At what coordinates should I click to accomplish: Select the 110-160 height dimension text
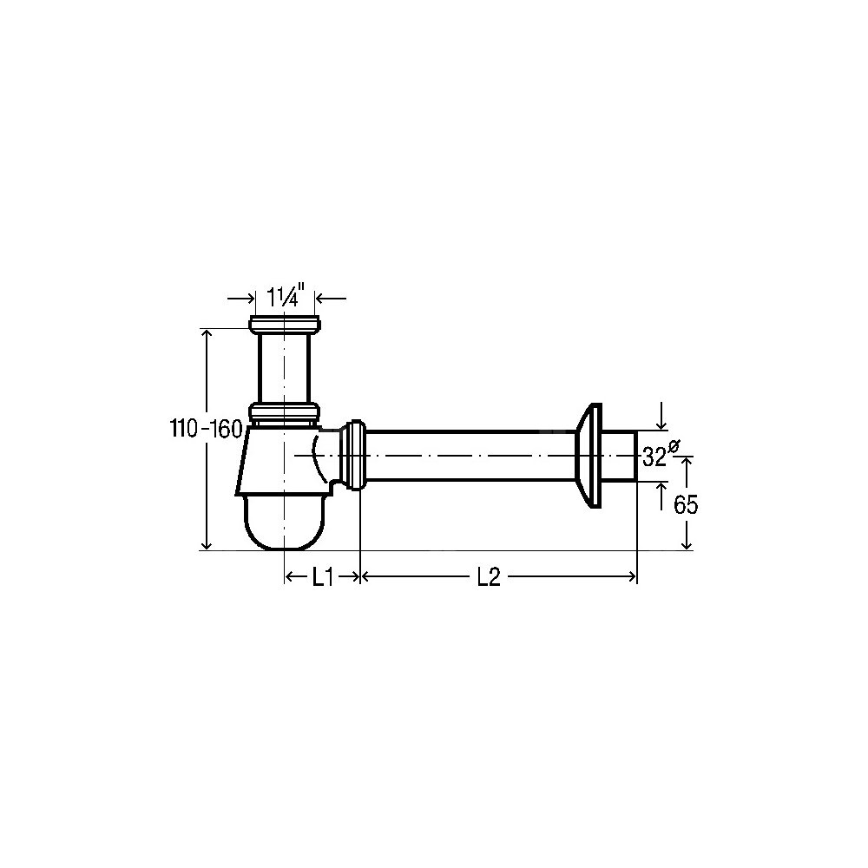click(206, 429)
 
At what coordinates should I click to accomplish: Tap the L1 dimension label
click(322, 577)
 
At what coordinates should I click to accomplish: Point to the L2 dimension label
click(490, 577)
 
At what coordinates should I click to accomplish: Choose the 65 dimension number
click(686, 504)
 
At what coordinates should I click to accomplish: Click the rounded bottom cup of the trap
click(284, 522)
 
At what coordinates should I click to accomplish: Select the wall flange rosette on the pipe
click(589, 456)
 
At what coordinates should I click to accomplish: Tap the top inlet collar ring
click(285, 325)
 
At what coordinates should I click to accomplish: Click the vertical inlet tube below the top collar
click(285, 369)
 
